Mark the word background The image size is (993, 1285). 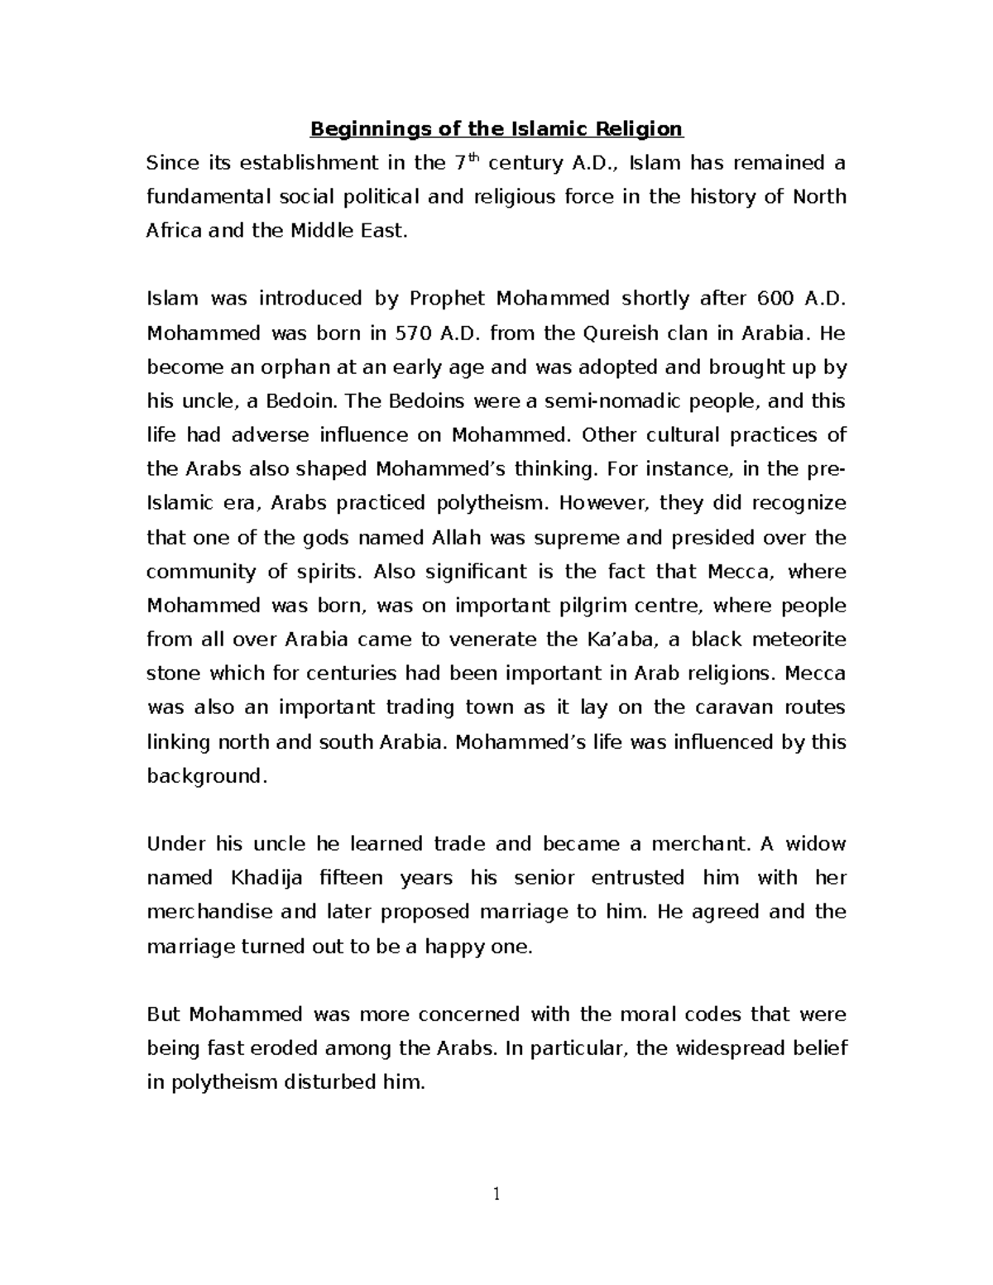click(206, 776)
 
